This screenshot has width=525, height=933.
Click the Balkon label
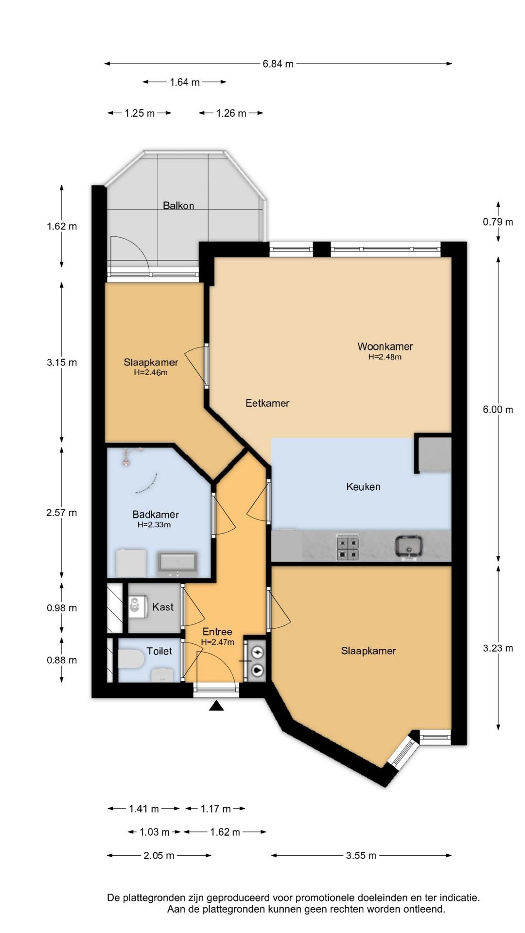(x=178, y=206)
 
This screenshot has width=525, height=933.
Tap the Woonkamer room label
(x=385, y=346)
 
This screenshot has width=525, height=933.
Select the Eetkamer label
(x=267, y=403)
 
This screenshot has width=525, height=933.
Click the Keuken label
(x=363, y=486)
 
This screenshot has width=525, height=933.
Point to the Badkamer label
(x=156, y=514)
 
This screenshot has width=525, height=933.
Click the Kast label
(x=163, y=607)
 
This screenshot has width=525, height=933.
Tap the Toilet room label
(x=159, y=651)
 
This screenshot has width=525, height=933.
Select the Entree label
(x=217, y=632)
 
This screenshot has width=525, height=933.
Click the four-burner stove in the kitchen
(x=348, y=548)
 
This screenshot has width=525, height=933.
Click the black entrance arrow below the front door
(x=216, y=706)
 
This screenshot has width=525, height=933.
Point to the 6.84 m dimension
(x=278, y=64)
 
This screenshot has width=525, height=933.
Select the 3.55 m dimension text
(x=361, y=855)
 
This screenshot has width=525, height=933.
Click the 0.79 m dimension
(x=498, y=222)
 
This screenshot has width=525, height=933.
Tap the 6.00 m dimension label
(x=498, y=410)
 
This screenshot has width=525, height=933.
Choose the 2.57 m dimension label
(x=62, y=513)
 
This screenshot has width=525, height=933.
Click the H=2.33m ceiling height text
(x=154, y=525)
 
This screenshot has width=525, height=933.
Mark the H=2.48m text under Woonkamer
(x=385, y=357)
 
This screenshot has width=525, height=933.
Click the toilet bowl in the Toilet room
(x=130, y=660)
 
